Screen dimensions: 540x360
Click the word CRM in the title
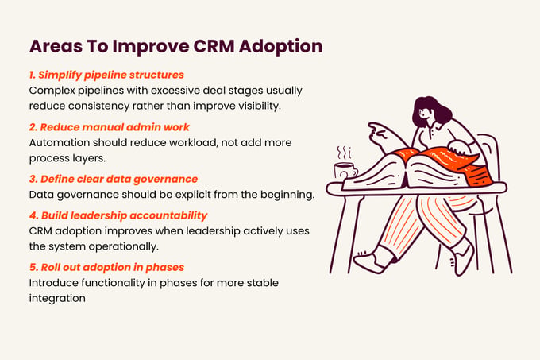(213, 46)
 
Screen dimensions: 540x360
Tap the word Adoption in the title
(280, 47)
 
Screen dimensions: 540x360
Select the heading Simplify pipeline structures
(111, 75)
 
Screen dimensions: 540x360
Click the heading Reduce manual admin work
(114, 127)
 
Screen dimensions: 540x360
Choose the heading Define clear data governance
(119, 179)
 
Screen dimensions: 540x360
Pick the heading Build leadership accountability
(125, 215)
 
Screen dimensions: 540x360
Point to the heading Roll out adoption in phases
(113, 267)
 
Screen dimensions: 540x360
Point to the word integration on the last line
(57, 298)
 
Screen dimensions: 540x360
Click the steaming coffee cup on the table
(345, 171)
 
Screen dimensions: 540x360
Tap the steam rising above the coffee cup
(345, 153)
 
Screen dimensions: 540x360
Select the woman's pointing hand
(380, 133)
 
